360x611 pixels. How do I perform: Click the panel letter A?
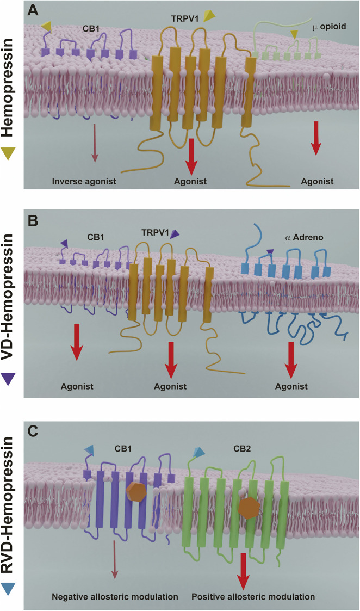pyautogui.click(x=33, y=10)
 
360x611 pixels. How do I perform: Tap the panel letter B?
pyautogui.click(x=33, y=220)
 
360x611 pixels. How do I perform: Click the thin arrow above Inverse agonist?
pyautogui.click(x=95, y=143)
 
